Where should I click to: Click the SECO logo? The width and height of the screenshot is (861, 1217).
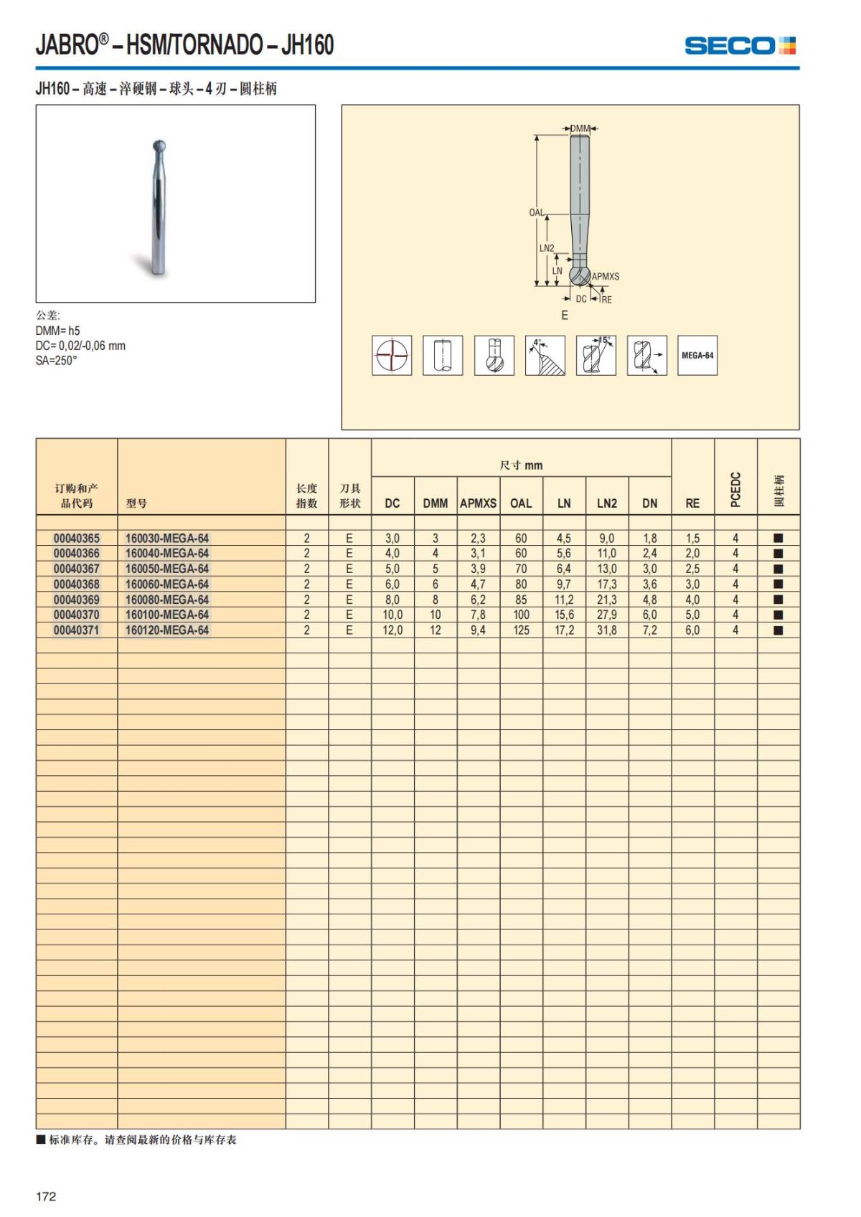click(740, 46)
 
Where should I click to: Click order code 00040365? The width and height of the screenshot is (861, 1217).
click(77, 538)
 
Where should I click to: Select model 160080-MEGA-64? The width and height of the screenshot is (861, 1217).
click(167, 600)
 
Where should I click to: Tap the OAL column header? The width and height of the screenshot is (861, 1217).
click(521, 503)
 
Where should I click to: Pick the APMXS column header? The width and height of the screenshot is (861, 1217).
click(478, 503)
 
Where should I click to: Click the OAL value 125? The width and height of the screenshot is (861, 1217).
click(521, 630)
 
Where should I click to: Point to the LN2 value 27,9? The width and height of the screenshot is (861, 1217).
click(606, 615)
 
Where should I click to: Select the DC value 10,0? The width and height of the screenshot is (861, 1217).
click(392, 615)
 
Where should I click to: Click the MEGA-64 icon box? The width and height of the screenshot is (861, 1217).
click(697, 355)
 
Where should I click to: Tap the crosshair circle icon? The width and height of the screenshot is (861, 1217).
click(392, 355)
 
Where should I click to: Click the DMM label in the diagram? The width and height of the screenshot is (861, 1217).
click(580, 128)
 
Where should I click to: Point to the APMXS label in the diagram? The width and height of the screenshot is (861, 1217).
click(606, 276)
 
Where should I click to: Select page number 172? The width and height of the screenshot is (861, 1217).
click(46, 1196)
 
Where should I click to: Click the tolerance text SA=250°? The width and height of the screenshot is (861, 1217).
click(56, 361)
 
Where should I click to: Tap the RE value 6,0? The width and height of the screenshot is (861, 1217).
click(692, 630)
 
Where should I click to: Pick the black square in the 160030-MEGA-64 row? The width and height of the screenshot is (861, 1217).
click(778, 538)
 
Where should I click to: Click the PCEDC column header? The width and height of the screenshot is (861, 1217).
click(735, 489)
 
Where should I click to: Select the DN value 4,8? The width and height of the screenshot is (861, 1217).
click(649, 600)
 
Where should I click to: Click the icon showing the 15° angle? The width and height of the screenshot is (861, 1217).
click(596, 355)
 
